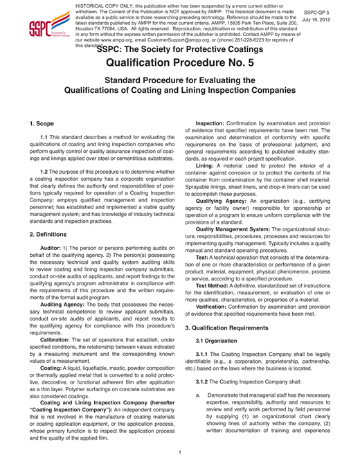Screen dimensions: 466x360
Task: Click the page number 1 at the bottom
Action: pos(179,453)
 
